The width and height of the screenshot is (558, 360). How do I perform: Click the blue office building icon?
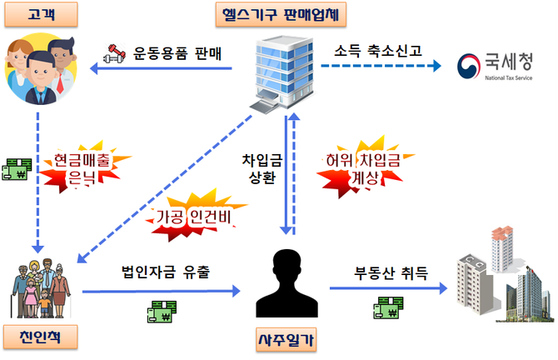click(280, 72)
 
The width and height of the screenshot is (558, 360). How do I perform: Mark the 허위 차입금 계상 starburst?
click(360, 167)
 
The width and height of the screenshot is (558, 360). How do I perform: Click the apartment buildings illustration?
click(501, 269)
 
